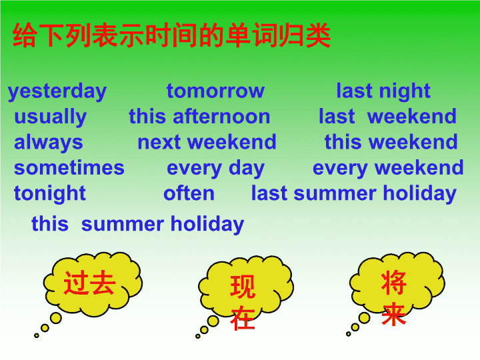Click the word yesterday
tap(57, 91)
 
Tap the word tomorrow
tap(215, 91)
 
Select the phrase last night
tap(383, 91)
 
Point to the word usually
tap(51, 117)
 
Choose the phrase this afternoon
tap(199, 116)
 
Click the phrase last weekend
tap(387, 116)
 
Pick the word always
tap(49, 143)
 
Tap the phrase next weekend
tap(207, 142)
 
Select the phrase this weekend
tap(391, 142)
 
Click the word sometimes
tap(69, 168)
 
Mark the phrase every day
tap(215, 169)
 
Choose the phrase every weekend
tap(388, 169)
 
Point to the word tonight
tap(50, 194)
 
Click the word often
tap(189, 193)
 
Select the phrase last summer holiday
tap(354, 194)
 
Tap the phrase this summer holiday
tap(138, 225)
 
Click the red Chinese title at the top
tap(171, 35)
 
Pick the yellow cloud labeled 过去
tap(93, 285)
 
